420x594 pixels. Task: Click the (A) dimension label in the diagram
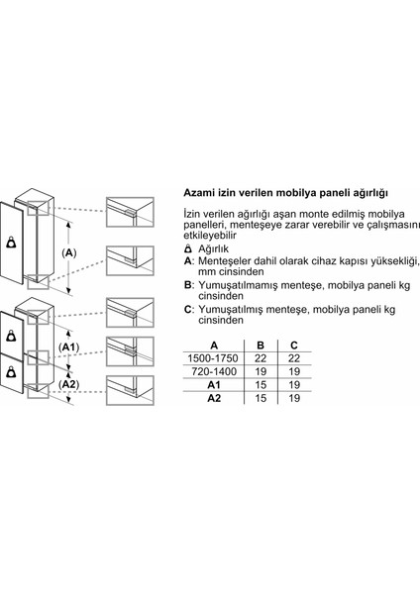pyautogui.click(x=69, y=253)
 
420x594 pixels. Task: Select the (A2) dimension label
pyautogui.click(x=69, y=384)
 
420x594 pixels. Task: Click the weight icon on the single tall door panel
pyautogui.click(x=11, y=240)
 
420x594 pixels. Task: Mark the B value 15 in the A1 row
pyautogui.click(x=260, y=385)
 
